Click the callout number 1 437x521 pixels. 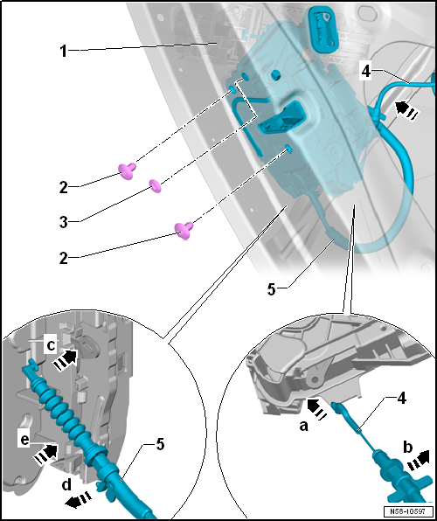click(63, 52)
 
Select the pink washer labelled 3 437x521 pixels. click(155, 185)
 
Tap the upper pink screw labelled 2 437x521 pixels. click(127, 170)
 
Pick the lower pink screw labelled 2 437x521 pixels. click(184, 230)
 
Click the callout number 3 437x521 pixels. click(64, 222)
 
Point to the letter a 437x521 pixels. click(303, 427)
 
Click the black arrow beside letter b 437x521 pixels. click(417, 462)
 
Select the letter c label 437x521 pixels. click(51, 345)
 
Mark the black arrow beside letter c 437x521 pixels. click(66, 360)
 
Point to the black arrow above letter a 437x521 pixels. click(317, 409)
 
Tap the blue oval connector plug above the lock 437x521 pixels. click(323, 25)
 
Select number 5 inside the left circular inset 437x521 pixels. click(160, 445)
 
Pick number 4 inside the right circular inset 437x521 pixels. click(401, 398)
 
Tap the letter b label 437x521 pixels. click(407, 448)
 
